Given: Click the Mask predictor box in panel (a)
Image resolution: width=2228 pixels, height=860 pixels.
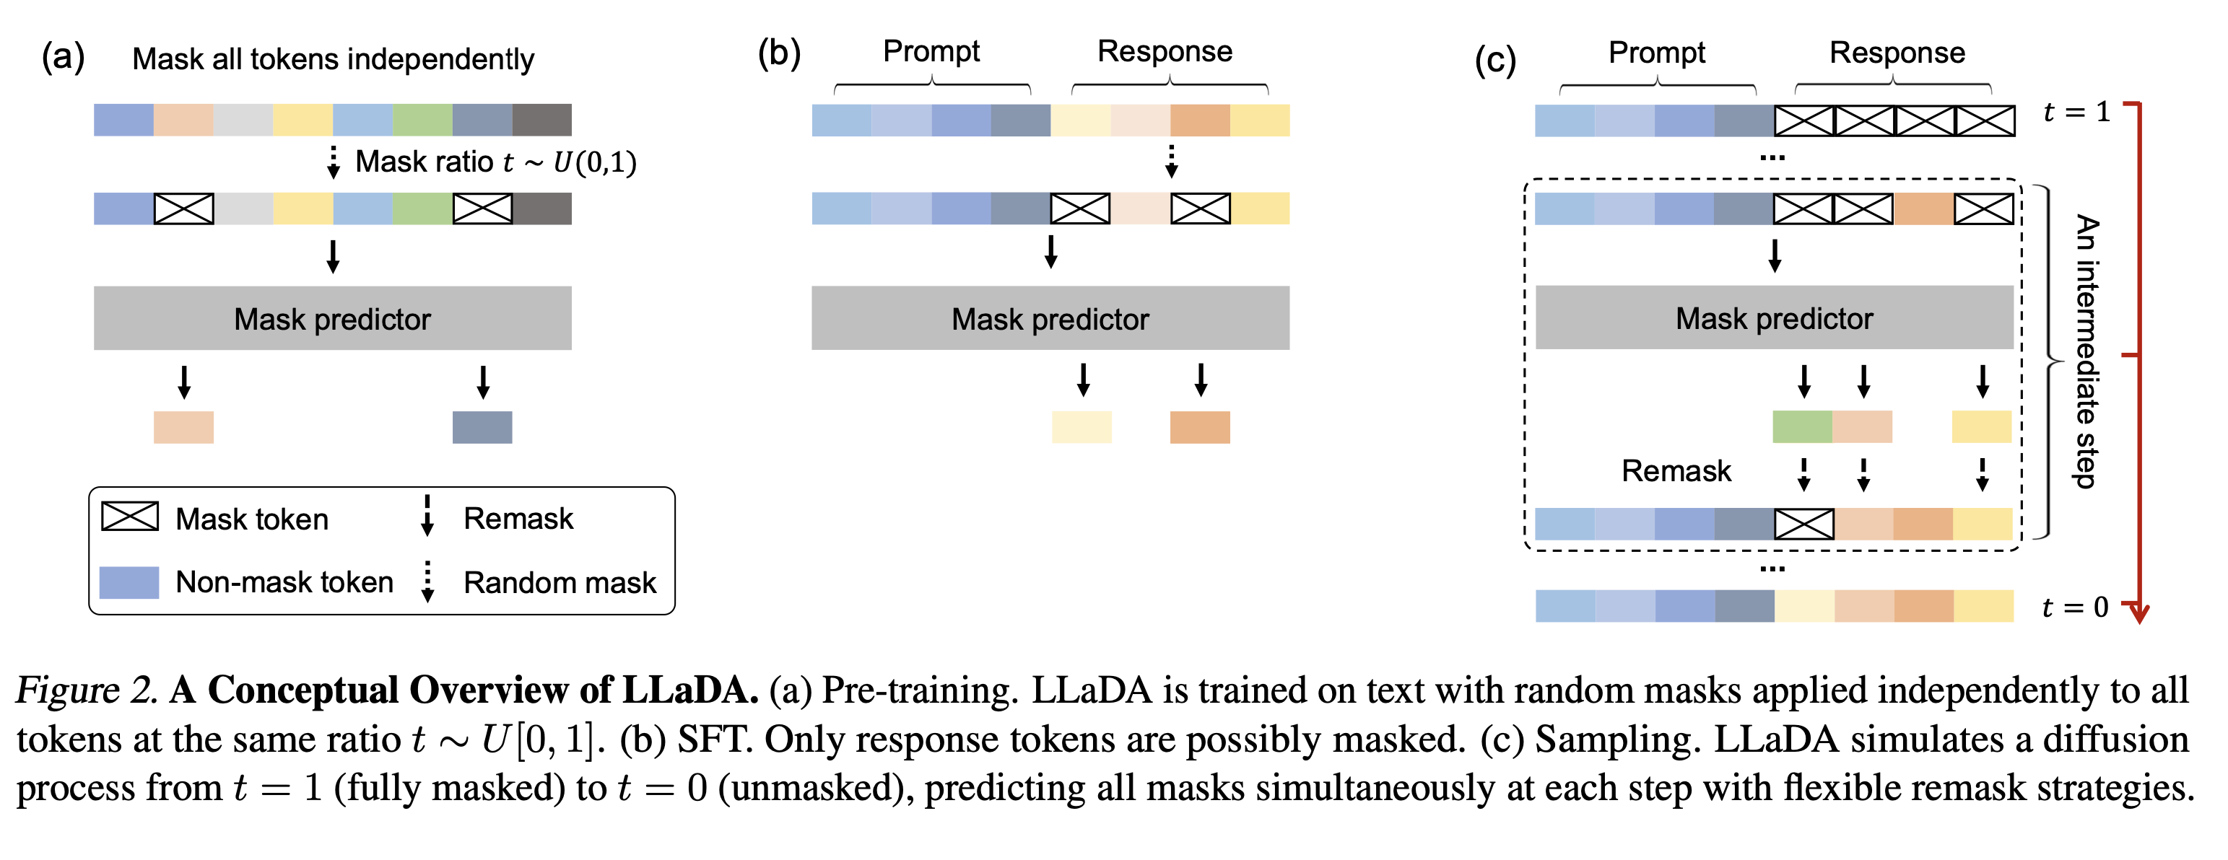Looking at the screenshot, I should point(332,318).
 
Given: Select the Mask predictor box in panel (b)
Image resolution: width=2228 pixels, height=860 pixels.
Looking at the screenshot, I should point(1050,318).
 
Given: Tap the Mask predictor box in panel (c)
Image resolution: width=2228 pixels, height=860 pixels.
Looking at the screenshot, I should point(1774,317).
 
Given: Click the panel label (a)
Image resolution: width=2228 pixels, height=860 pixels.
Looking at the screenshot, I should point(63,57).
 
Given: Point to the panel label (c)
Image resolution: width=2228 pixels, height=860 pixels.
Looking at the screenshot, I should point(1494,61).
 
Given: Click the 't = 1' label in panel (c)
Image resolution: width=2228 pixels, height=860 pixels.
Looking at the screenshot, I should point(2076,112).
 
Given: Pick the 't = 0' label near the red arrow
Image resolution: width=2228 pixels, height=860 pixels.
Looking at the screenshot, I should point(2075,607).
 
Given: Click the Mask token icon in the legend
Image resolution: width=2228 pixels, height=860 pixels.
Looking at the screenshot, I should point(130,517).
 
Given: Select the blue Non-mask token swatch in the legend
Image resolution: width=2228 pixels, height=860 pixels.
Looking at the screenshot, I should point(129,582).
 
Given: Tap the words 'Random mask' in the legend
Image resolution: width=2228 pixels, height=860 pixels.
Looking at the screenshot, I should point(560,582).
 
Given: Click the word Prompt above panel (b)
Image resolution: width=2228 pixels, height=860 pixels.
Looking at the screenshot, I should point(931,51).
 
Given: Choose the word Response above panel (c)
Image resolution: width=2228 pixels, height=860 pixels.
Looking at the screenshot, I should point(1897,53).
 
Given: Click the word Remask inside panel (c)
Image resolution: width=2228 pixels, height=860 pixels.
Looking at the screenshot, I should point(1675,471).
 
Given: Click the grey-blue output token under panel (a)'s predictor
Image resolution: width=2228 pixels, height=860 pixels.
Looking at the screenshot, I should point(482,427).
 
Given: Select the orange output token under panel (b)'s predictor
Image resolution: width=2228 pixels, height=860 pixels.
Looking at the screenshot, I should point(1200,427).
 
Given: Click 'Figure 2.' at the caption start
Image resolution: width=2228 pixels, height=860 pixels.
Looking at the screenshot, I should point(87,690).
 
